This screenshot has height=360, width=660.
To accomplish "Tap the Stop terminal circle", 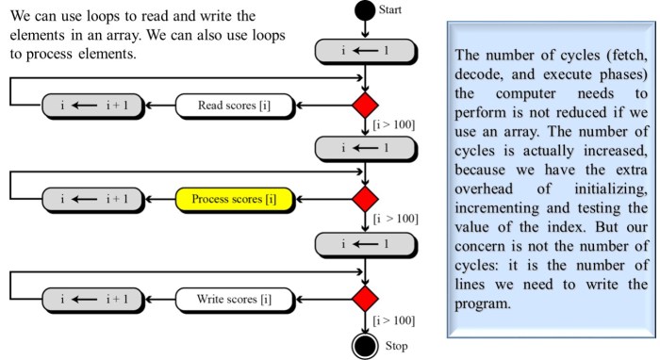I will point(364,345).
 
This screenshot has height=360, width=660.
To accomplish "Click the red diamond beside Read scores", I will point(364,106).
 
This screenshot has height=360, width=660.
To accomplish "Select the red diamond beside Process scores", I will point(364,199).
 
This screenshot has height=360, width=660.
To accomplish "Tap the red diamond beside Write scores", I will point(364,301).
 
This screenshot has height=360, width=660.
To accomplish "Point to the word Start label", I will point(392,9).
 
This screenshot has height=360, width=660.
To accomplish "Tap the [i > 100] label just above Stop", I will point(395,321).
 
